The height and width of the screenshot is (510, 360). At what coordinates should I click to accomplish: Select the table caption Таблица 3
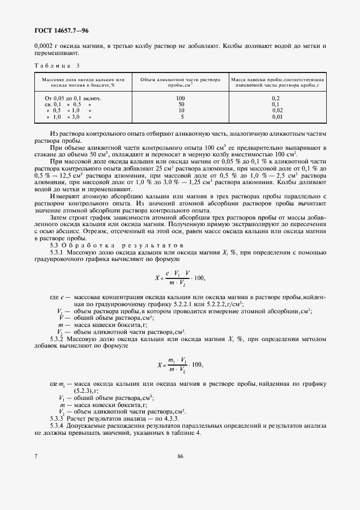coord(57,66)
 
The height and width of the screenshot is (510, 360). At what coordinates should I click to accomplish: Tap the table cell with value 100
coord(181,98)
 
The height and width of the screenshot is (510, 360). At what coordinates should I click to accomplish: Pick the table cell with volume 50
coord(181,104)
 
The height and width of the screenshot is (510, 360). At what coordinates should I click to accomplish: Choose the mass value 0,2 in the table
coord(275,98)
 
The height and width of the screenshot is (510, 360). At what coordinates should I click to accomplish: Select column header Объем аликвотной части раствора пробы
coord(181,82)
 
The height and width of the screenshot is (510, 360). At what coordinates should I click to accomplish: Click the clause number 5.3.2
coord(58,339)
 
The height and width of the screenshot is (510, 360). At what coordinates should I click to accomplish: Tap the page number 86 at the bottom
coord(180,457)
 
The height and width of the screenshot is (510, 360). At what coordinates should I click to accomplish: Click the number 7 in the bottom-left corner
coord(36,457)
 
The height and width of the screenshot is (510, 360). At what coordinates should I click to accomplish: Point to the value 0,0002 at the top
coord(45,46)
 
